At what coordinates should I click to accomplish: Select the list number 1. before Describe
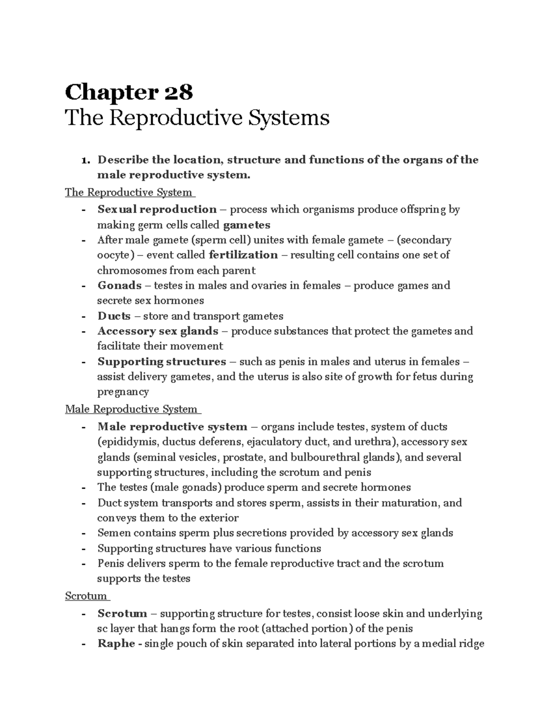(85, 160)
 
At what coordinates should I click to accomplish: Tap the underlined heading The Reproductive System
(129, 192)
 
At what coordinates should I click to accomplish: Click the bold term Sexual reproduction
(157, 209)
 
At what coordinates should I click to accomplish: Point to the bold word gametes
(247, 225)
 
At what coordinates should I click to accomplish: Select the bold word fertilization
(243, 255)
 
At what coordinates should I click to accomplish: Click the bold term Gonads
(119, 285)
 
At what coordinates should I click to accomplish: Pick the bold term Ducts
(114, 316)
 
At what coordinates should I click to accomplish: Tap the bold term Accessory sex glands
(158, 331)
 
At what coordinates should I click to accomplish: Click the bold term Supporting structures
(161, 361)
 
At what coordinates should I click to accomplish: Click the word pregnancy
(123, 392)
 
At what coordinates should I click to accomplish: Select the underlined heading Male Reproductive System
(131, 409)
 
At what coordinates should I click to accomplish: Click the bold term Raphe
(116, 644)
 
